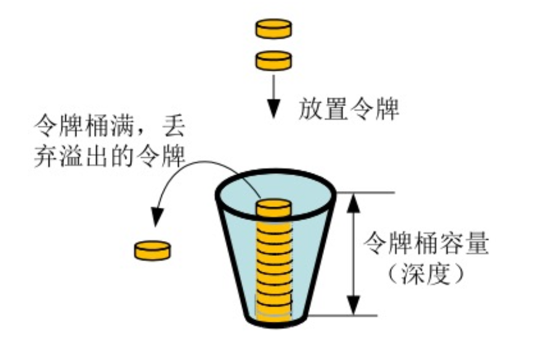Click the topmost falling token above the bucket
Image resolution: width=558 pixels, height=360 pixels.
[273, 28]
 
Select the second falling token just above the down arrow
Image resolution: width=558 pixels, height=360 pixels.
[273, 60]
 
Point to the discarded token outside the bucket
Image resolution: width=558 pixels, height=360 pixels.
[152, 250]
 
